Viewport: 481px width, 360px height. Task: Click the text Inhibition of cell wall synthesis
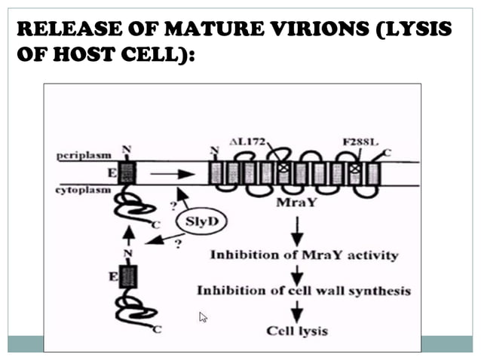(x=303, y=290)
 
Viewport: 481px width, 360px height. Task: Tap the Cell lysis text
(x=296, y=329)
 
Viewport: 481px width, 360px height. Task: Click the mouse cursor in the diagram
(x=202, y=317)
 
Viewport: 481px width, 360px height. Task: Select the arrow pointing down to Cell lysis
(x=296, y=310)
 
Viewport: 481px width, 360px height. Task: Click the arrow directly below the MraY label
(x=296, y=227)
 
